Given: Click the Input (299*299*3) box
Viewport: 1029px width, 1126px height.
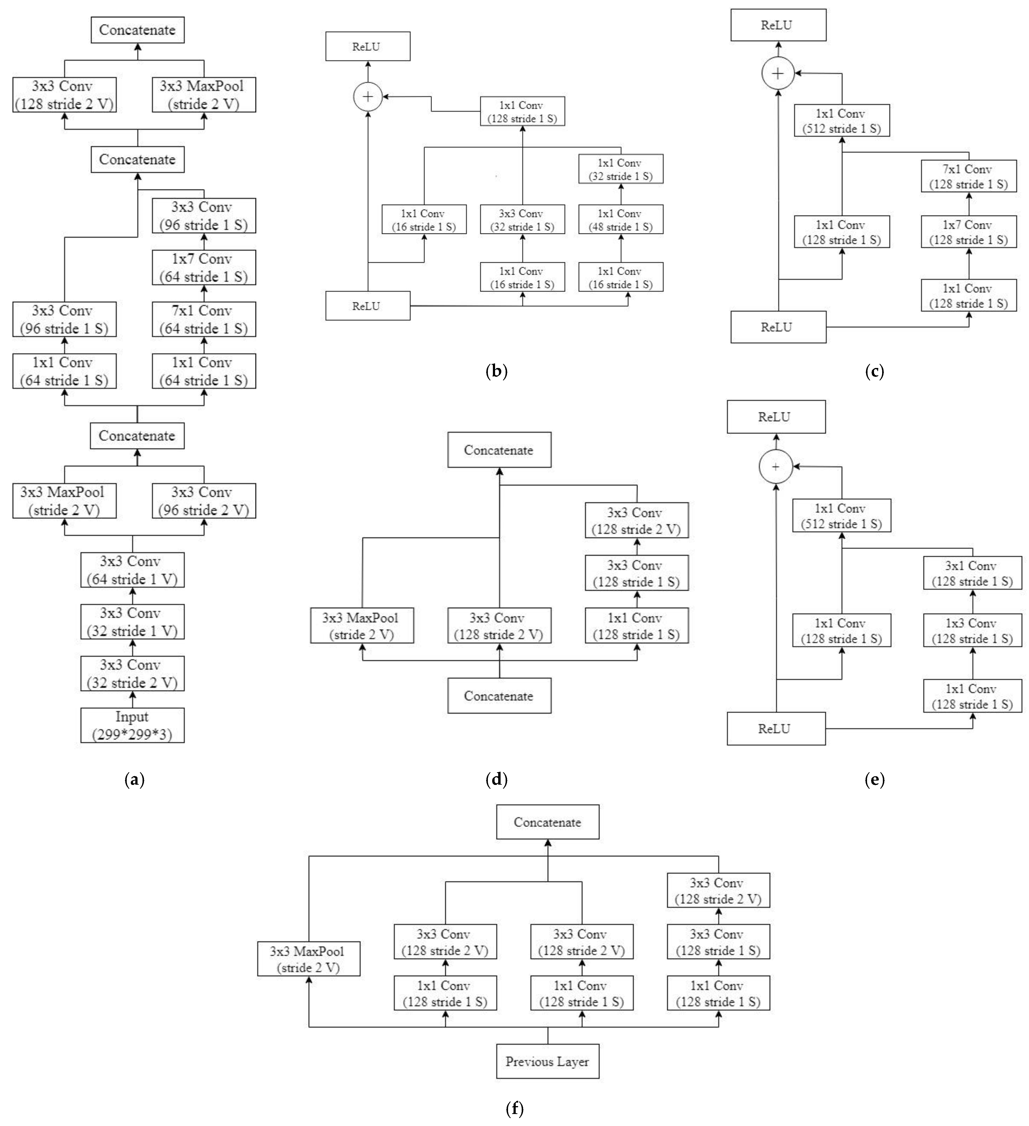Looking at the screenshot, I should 132,725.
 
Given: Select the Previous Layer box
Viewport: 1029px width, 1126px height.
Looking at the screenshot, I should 547,1061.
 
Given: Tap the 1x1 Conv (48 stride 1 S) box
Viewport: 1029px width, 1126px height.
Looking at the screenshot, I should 620,219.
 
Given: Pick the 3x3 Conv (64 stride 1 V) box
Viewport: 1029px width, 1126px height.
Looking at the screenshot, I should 132,570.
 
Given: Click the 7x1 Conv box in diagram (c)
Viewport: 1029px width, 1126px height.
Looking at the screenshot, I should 968,176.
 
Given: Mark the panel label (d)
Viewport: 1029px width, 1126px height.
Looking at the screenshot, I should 497,779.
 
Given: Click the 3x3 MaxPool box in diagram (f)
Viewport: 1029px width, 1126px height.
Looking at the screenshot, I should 309,959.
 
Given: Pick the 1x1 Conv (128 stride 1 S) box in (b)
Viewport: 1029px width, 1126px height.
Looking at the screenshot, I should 522,111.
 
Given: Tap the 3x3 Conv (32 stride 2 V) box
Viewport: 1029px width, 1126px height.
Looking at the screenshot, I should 132,674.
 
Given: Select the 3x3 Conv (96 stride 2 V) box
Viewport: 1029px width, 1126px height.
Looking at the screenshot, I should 204,500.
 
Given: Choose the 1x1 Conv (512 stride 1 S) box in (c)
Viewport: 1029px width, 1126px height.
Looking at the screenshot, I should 841,121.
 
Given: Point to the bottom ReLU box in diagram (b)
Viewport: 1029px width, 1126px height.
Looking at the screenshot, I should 367,306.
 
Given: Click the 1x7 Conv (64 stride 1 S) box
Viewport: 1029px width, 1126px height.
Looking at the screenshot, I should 204,268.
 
